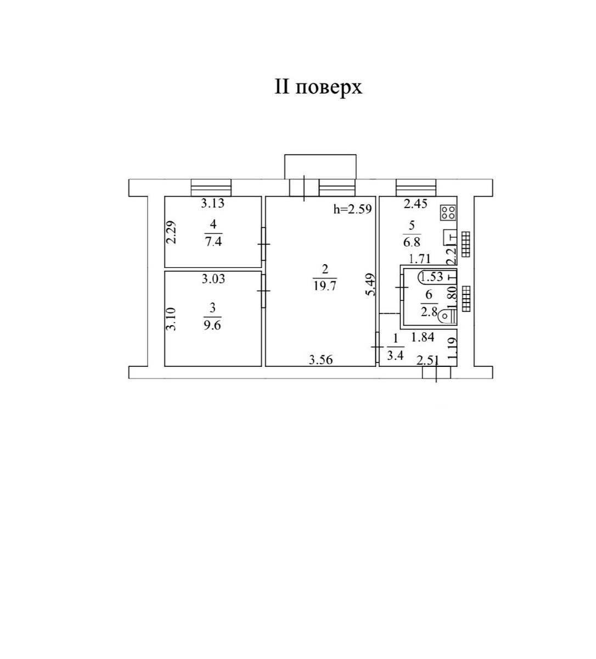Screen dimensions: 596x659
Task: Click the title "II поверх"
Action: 318,88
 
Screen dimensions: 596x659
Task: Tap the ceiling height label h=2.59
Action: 352,209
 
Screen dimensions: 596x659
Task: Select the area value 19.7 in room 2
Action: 325,286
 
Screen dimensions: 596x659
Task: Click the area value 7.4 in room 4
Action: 213,242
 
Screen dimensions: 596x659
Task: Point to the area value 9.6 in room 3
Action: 212,326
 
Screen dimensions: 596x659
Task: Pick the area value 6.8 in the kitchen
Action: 412,242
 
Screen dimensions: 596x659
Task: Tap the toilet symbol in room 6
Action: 447,316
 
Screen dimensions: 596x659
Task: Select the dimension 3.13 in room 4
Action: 213,203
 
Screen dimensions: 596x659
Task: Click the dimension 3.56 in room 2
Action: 321,360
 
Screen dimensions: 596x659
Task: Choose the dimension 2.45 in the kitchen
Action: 415,204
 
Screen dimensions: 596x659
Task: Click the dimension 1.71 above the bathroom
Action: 419,259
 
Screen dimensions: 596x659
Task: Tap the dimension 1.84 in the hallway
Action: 423,337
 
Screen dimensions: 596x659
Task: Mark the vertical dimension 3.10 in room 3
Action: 171,319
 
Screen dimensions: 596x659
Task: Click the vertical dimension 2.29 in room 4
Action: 171,232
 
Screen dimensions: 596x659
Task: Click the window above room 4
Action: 211,188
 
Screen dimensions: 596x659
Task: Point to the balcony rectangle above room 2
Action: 320,166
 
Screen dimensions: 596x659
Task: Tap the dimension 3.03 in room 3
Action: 213,279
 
